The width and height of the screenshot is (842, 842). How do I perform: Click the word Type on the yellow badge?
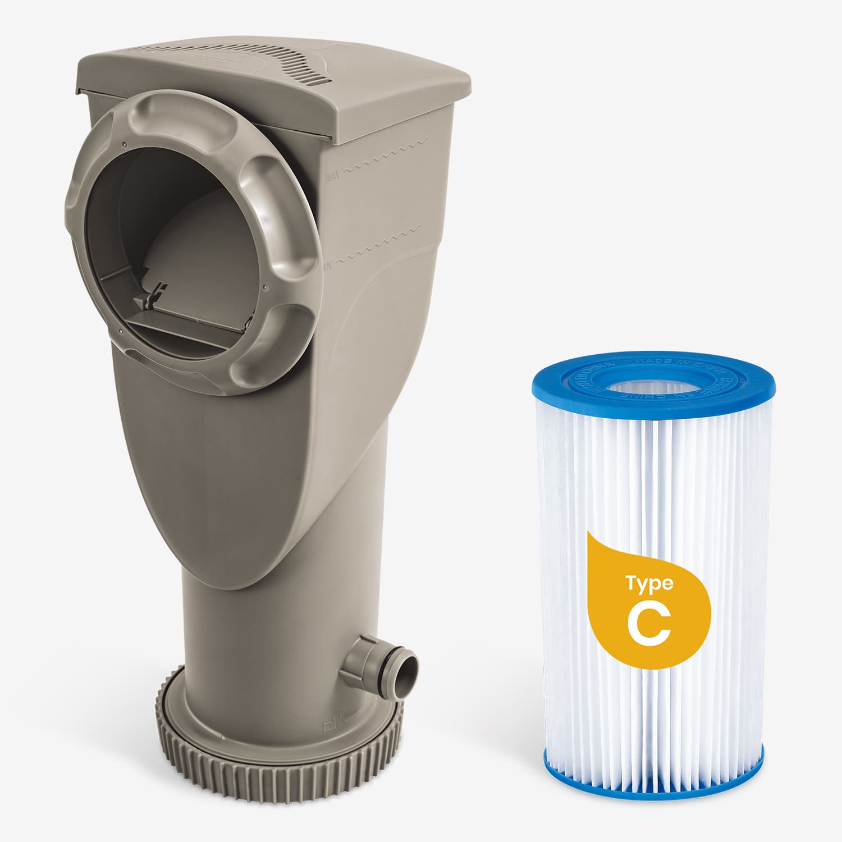click(x=649, y=584)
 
